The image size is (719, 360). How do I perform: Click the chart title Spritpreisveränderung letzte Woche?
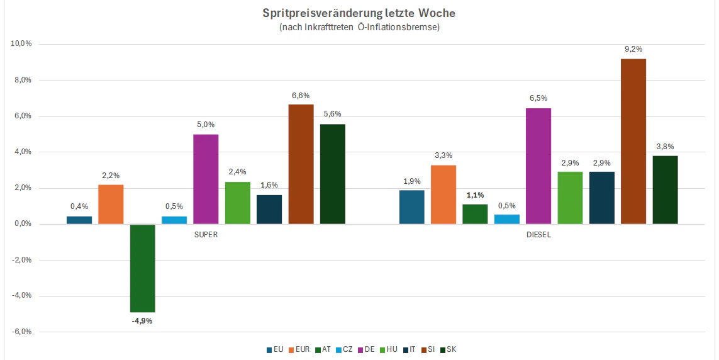[359, 13]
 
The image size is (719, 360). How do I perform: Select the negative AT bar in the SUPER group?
[142, 268]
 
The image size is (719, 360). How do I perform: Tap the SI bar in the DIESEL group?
[633, 141]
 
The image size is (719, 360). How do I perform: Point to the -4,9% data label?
[142, 321]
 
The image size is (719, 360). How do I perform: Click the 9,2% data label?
[633, 49]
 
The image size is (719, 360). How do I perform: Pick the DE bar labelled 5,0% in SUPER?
[206, 179]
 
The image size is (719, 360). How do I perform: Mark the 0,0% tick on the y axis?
[22, 224]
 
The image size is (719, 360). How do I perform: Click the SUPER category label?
[206, 234]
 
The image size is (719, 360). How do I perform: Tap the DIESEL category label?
[538, 234]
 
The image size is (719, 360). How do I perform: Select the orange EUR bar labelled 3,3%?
[443, 194]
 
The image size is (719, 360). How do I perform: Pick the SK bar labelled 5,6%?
[333, 174]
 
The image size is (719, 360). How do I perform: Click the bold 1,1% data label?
[476, 194]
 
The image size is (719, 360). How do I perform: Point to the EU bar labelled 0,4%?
[79, 220]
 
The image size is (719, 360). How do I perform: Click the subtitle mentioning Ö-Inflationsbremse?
[359, 27]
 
